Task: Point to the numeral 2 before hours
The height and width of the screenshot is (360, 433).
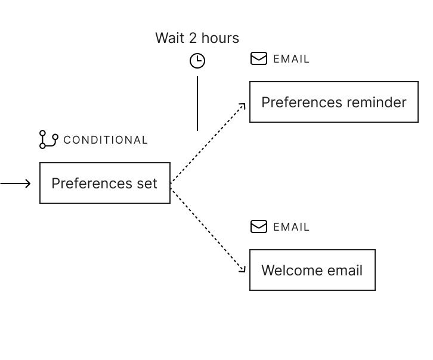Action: pyautogui.click(x=193, y=38)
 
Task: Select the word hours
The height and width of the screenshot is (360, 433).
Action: pyautogui.click(x=220, y=38)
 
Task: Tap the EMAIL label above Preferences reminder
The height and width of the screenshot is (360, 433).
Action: pyautogui.click(x=292, y=59)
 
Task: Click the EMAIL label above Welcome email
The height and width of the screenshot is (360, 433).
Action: pyautogui.click(x=292, y=227)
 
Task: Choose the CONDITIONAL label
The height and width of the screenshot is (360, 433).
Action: pyautogui.click(x=106, y=140)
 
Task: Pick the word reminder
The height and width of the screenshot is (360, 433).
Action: pyautogui.click(x=376, y=103)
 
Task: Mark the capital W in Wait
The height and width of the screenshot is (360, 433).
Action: pyautogui.click(x=162, y=38)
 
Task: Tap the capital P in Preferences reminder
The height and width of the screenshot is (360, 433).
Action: pyautogui.click(x=265, y=103)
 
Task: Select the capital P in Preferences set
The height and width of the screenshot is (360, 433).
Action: pyautogui.click(x=55, y=183)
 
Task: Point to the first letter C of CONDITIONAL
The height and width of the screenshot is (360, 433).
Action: pyautogui.click(x=67, y=140)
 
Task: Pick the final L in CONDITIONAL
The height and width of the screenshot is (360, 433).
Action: pyautogui.click(x=144, y=140)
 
